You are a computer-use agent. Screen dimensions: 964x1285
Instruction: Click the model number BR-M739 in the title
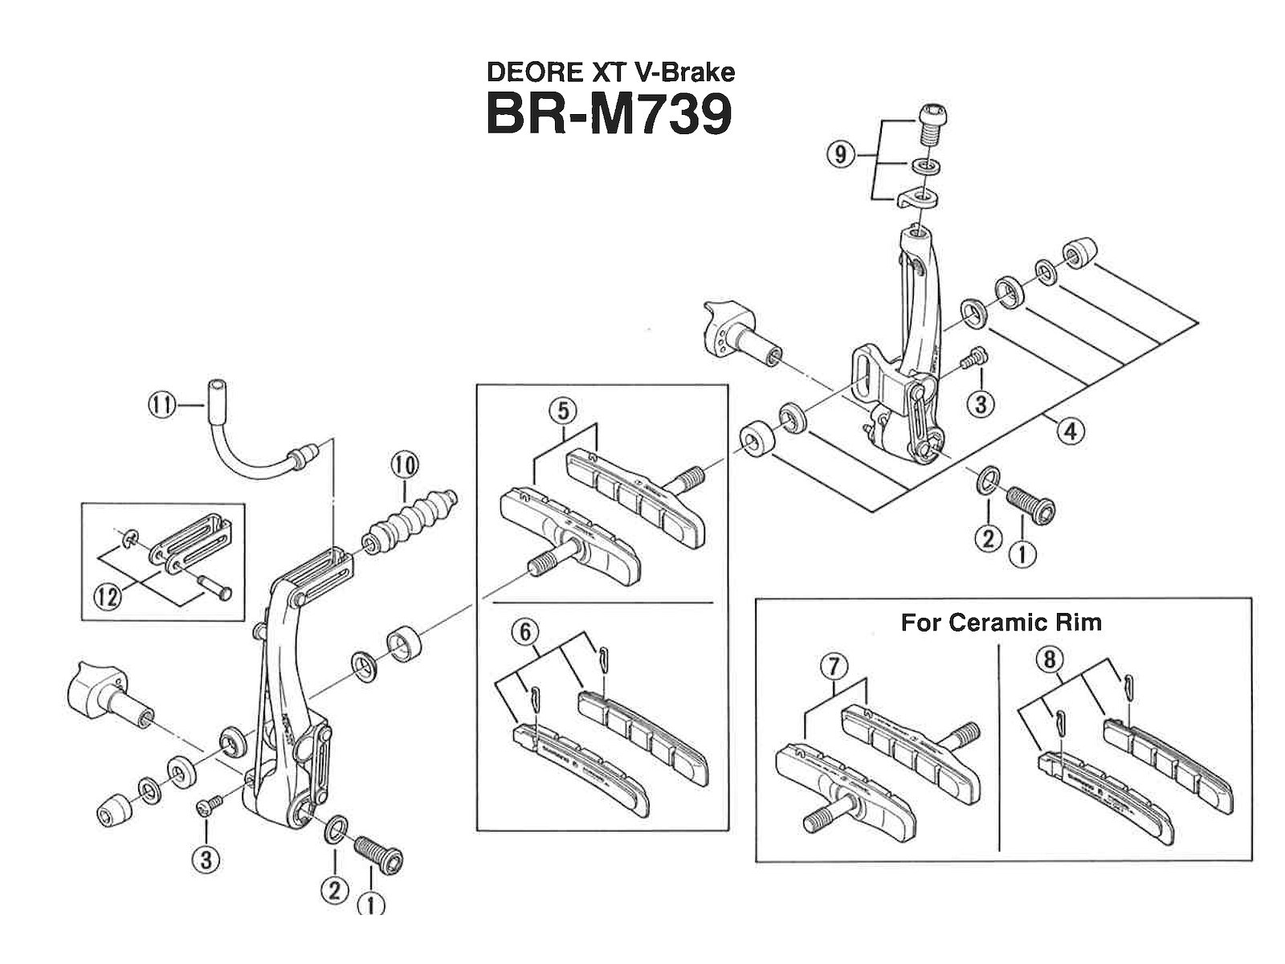(609, 115)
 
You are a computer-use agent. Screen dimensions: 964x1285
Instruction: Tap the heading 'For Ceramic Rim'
(1001, 623)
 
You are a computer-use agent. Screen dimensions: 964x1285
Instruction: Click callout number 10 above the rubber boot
(405, 464)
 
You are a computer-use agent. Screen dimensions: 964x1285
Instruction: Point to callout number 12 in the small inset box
(108, 596)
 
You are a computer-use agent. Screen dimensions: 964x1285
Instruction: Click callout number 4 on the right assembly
(1071, 431)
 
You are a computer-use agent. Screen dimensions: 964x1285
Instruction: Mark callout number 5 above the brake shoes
(563, 412)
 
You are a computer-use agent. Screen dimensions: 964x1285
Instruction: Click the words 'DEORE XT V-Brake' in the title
(610, 73)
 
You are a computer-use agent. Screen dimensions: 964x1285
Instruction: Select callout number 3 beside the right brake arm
(980, 403)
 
